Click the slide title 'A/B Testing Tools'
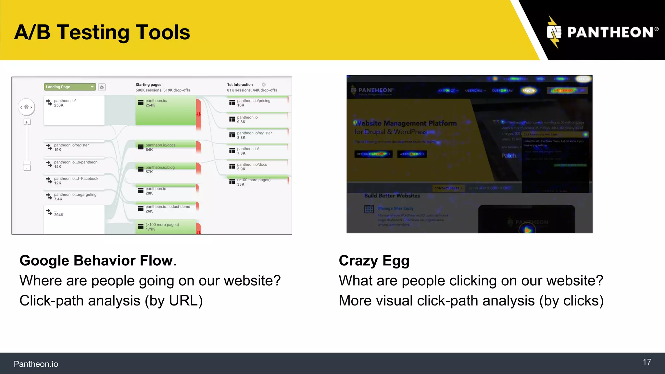pos(102,32)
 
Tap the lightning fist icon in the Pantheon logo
pos(554,32)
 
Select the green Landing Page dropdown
pos(70,87)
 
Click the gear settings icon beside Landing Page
pos(102,87)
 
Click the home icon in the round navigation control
pos(26,107)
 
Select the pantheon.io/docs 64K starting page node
pos(166,147)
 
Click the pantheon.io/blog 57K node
pos(166,169)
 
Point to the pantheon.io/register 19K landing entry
pos(74,147)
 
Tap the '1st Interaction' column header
pos(240,85)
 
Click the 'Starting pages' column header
pos(148,85)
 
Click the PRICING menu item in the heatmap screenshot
pos(530,91)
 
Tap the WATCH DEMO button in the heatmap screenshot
pos(411,154)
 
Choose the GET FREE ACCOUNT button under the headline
pos(373,154)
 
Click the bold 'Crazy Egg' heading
pos(374,261)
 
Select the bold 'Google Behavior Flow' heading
pos(96,261)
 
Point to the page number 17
pos(647,362)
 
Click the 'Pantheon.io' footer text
pos(36,364)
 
